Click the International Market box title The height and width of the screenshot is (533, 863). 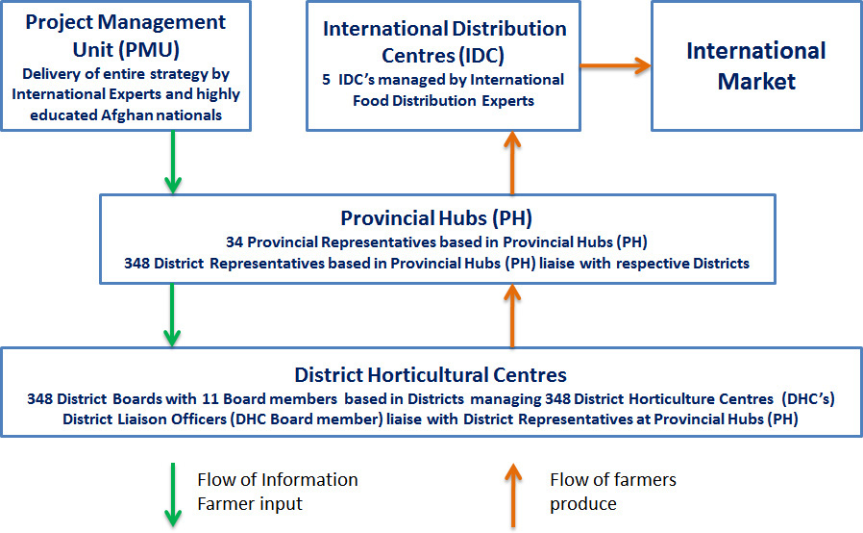[756, 65]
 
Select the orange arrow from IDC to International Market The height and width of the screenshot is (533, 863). [616, 65]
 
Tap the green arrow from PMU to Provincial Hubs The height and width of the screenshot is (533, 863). [173, 162]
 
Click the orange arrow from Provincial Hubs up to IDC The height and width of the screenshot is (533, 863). [512, 163]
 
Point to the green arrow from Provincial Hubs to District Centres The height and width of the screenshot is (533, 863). [172, 315]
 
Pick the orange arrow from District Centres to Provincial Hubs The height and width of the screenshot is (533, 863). [512, 316]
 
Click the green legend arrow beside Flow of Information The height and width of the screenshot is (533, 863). [173, 495]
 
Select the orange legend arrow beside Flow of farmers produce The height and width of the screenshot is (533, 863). [513, 495]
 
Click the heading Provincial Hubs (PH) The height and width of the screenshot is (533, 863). [436, 218]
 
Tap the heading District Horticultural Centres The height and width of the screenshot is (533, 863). [431, 375]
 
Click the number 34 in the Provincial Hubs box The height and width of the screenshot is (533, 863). [234, 242]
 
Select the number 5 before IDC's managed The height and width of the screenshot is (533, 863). [327, 80]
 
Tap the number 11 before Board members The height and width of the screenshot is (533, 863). [210, 398]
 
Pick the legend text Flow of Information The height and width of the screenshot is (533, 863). [278, 479]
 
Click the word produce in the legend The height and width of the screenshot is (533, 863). [582, 504]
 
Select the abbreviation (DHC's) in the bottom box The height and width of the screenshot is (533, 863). [808, 398]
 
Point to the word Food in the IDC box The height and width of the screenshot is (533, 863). [369, 101]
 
